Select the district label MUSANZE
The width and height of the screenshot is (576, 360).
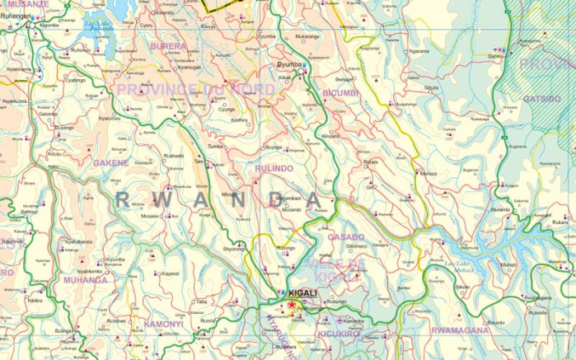point(26,4)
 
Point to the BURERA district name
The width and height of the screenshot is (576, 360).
point(168,46)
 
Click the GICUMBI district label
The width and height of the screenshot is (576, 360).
point(341,93)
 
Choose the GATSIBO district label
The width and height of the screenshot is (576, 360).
point(541,99)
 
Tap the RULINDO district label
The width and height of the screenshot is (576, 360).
point(274,168)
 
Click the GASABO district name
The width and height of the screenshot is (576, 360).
point(346,236)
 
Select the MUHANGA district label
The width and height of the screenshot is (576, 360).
point(85,280)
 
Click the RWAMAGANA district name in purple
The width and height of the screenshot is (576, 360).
point(461,330)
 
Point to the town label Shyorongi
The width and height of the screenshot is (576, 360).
point(233,248)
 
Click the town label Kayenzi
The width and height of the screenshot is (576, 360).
point(170,274)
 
